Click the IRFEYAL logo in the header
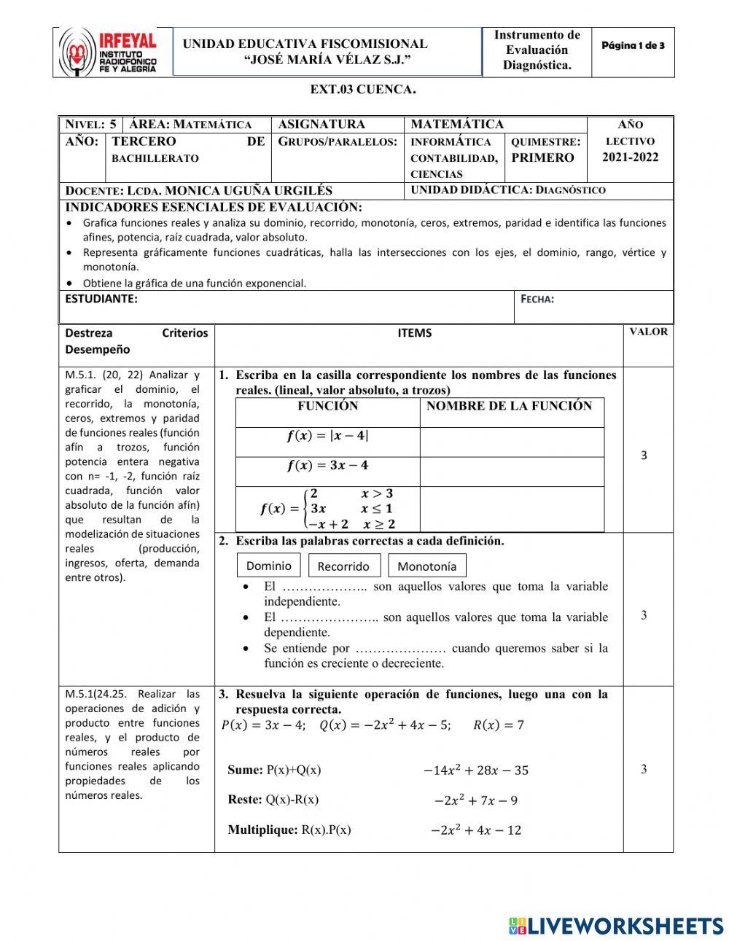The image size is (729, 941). pyautogui.click(x=109, y=52)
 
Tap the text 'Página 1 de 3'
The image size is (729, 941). pyautogui.click(x=632, y=46)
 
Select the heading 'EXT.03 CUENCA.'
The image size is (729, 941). pyautogui.click(x=363, y=90)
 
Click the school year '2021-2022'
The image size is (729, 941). pyautogui.click(x=630, y=157)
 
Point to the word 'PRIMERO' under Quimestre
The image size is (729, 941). pyautogui.click(x=542, y=157)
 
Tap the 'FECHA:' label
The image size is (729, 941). pyautogui.click(x=537, y=299)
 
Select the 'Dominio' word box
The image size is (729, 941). pyautogui.click(x=268, y=566)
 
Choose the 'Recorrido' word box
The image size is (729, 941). pyautogui.click(x=343, y=566)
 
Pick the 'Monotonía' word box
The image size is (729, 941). pyautogui.click(x=426, y=566)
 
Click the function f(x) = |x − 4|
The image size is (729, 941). pyautogui.click(x=327, y=437)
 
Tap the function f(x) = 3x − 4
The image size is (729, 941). pyautogui.click(x=327, y=466)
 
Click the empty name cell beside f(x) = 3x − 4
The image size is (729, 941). pyautogui.click(x=512, y=472)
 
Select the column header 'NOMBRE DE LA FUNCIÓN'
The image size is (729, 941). pyautogui.click(x=509, y=406)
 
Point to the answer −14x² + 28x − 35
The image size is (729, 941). pyautogui.click(x=475, y=770)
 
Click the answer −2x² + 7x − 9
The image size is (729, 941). pyautogui.click(x=475, y=800)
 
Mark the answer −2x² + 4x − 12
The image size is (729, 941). pyautogui.click(x=475, y=830)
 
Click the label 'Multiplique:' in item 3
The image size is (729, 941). pyautogui.click(x=262, y=829)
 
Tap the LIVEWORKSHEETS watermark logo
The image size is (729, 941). pyautogui.click(x=615, y=926)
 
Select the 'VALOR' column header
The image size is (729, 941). pyautogui.click(x=648, y=332)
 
